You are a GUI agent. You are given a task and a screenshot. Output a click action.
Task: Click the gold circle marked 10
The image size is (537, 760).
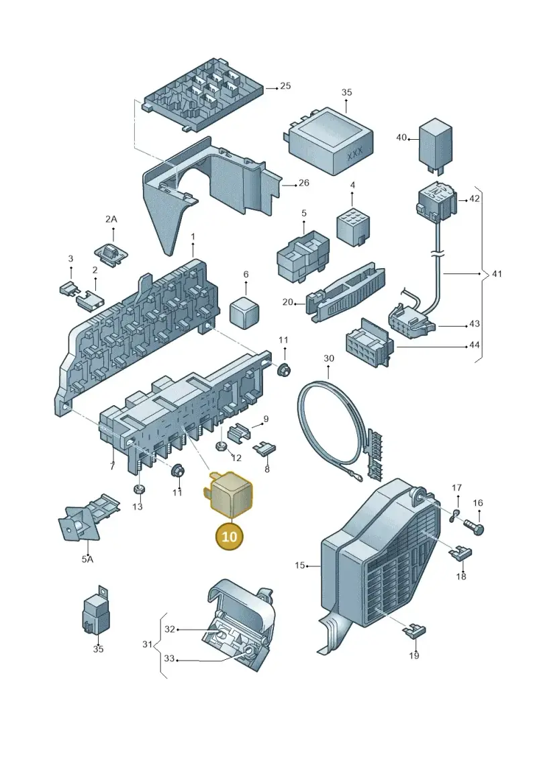point(230,536)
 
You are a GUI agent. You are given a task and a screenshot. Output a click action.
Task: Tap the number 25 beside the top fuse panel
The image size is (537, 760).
point(286,86)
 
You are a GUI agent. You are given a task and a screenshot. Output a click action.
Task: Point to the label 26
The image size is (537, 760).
point(303,183)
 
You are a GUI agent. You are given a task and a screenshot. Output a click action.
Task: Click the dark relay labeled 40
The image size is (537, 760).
point(436,143)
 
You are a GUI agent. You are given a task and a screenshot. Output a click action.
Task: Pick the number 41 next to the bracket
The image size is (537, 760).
point(497,274)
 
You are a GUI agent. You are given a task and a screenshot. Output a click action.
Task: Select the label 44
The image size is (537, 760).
point(474,345)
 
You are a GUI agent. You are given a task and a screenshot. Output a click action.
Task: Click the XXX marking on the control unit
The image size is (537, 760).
point(355,156)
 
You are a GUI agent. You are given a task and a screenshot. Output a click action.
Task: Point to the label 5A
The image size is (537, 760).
point(87,559)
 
